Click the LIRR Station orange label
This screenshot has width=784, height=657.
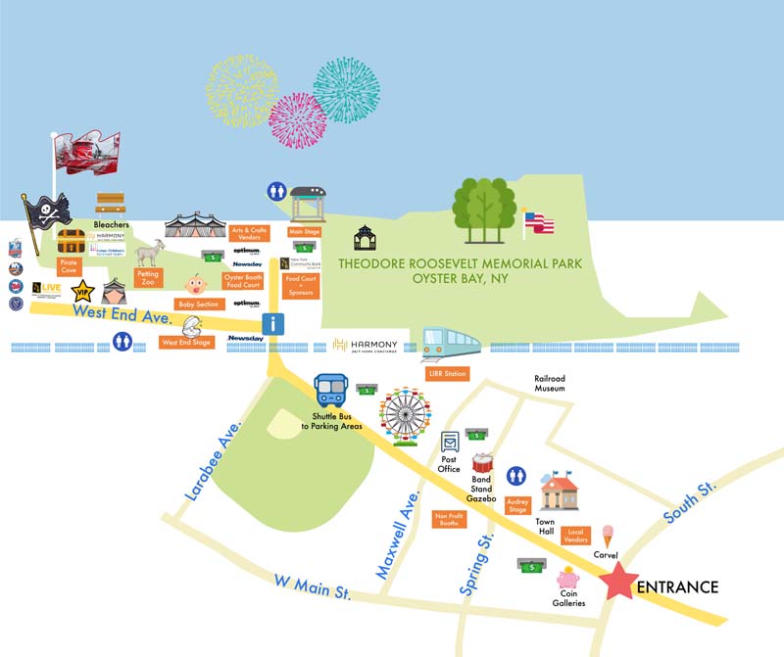coord(446,374)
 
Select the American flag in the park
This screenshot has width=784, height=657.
coord(540,222)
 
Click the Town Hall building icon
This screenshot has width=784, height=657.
coord(561,493)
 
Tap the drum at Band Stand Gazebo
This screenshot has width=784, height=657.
coord(483,465)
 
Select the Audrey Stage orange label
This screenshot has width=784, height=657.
coord(516,506)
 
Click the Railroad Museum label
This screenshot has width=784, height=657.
coord(550,384)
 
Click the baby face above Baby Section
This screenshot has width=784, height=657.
coord(197,287)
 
